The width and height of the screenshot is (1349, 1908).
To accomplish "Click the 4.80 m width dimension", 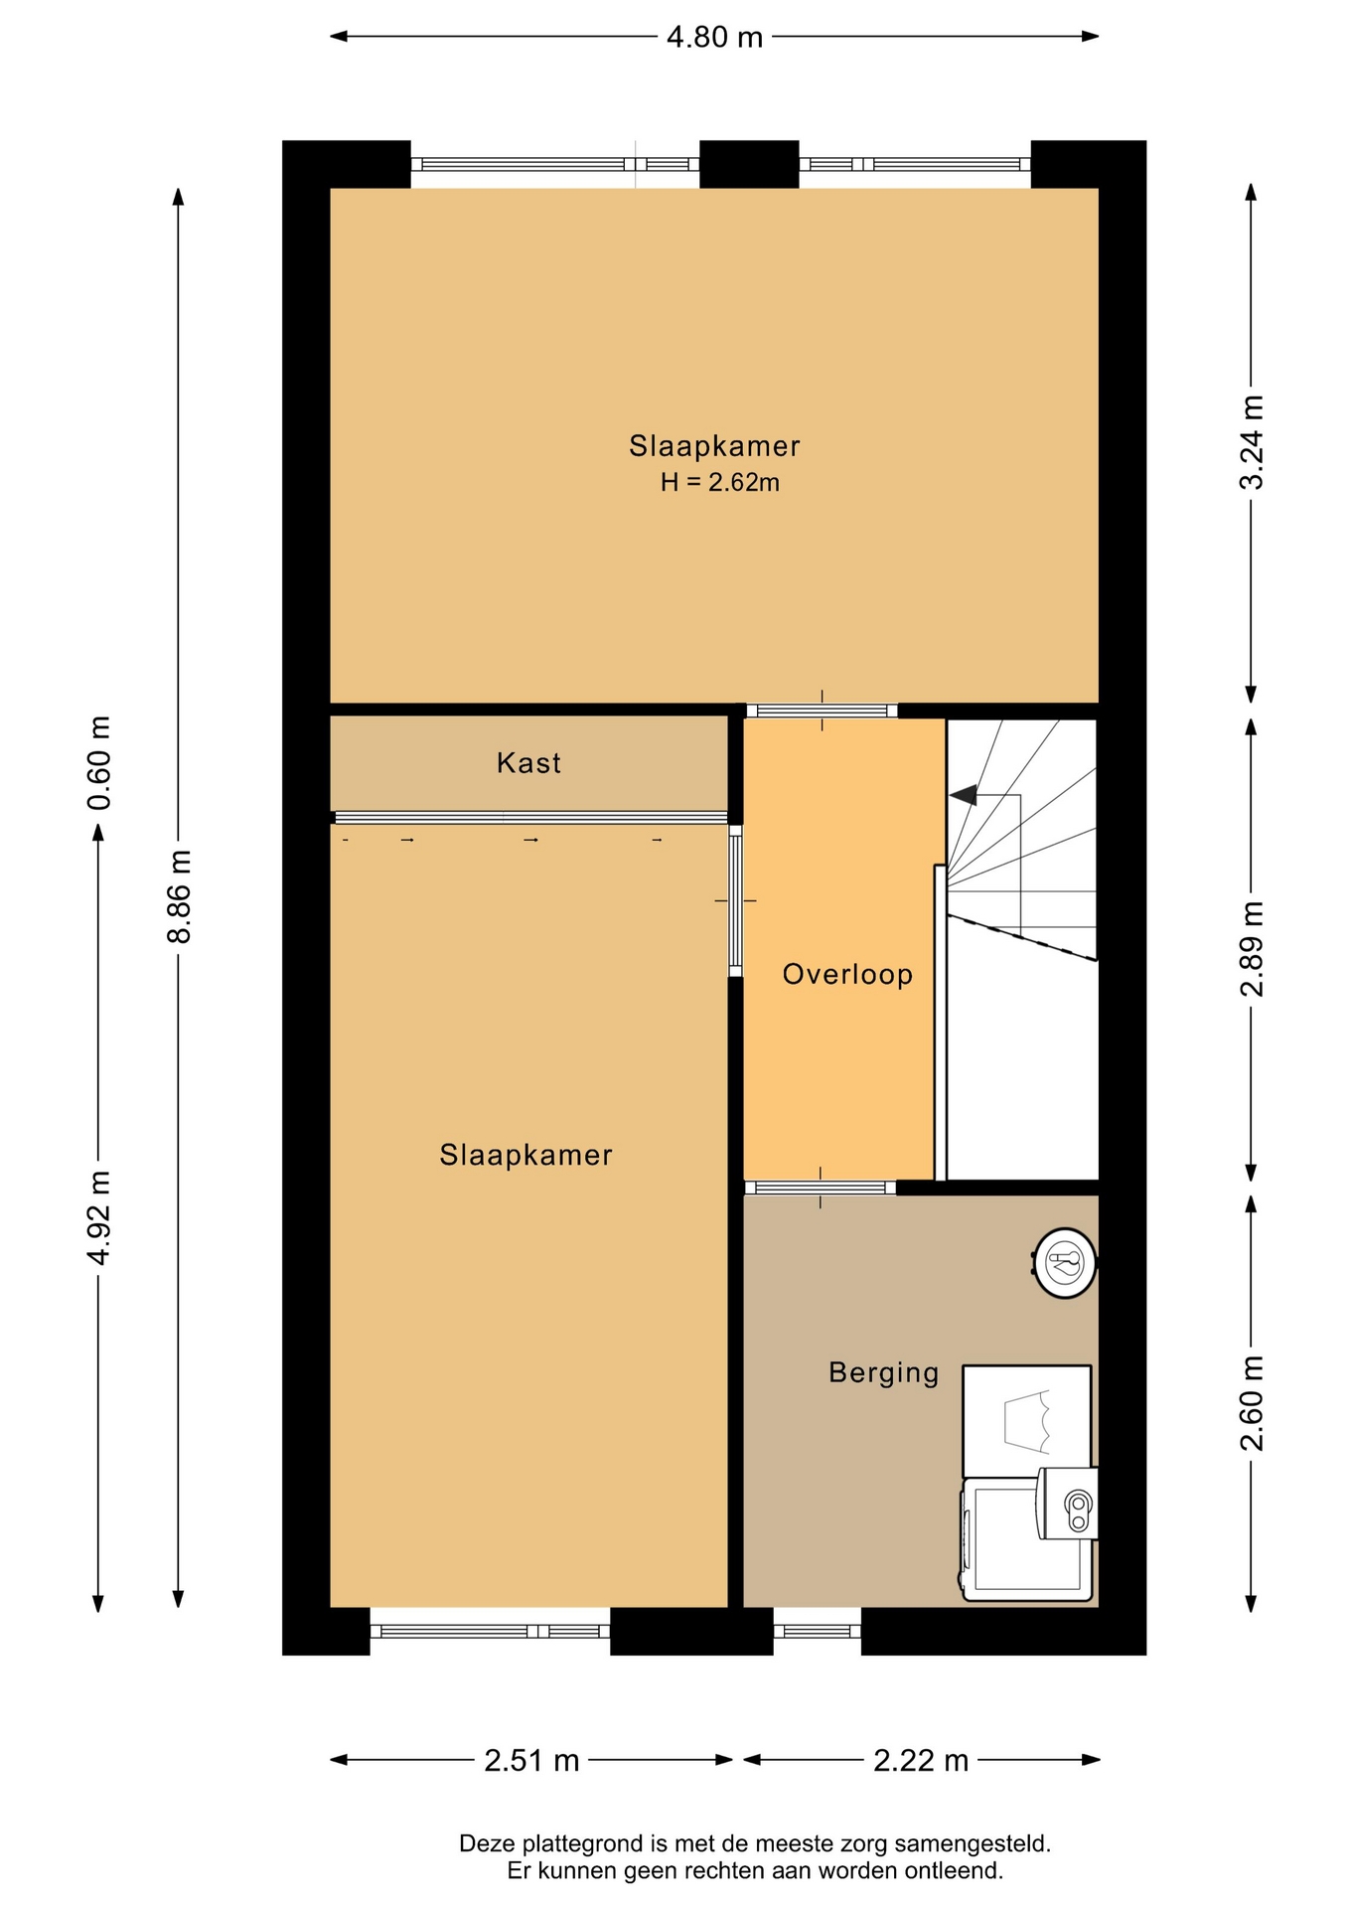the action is [714, 38].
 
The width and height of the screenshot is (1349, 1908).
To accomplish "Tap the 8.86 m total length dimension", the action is [180, 897].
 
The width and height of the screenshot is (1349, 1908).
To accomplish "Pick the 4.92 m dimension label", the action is [98, 1217].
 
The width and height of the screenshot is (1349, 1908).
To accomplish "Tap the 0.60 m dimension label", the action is [98, 763].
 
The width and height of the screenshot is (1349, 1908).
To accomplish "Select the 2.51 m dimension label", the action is [531, 1761].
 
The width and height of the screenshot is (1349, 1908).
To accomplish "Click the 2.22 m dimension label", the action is [921, 1761].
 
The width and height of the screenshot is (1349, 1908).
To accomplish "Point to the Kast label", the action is [528, 763].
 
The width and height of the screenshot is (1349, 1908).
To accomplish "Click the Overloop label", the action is [847, 974].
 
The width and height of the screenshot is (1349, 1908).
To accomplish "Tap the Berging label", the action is [884, 1372].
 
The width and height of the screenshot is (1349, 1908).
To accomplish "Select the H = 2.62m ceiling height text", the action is [720, 483].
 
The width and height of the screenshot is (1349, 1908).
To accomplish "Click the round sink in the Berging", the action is [1065, 1263].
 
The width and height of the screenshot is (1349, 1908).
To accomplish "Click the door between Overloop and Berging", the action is [821, 1188].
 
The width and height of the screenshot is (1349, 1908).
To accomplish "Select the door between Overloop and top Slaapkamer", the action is [822, 711].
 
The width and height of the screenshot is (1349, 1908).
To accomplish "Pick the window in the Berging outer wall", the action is [818, 1631].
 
